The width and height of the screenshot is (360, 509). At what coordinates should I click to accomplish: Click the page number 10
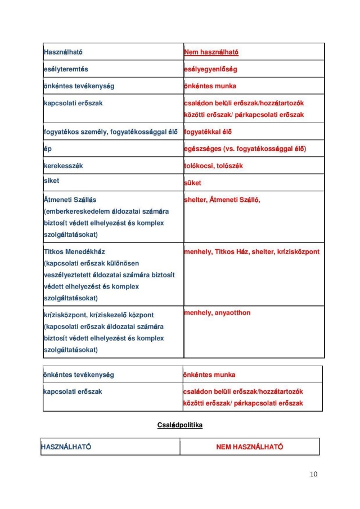click(313, 475)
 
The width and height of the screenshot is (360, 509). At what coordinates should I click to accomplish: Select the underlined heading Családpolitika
click(179, 425)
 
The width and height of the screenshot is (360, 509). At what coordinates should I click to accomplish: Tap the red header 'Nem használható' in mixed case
click(211, 52)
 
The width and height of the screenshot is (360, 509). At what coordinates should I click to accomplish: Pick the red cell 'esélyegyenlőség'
click(210, 69)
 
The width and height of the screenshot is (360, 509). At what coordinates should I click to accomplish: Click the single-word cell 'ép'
click(47, 149)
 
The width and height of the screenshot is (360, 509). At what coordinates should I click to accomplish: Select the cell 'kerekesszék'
click(64, 166)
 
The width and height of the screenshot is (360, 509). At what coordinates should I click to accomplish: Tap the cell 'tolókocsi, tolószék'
click(213, 166)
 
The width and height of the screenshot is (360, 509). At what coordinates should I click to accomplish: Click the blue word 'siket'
click(51, 181)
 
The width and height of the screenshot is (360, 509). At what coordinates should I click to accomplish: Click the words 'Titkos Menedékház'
click(74, 251)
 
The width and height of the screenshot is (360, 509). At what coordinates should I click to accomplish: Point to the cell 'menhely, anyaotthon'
click(217, 313)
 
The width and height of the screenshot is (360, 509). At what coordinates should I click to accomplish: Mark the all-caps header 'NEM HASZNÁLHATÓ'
click(249, 447)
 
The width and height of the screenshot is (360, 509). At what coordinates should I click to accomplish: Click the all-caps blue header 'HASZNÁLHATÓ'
click(66, 447)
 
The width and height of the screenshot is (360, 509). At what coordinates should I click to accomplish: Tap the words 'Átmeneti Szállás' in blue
click(70, 200)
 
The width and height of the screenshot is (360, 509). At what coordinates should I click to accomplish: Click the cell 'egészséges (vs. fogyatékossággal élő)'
click(245, 149)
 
